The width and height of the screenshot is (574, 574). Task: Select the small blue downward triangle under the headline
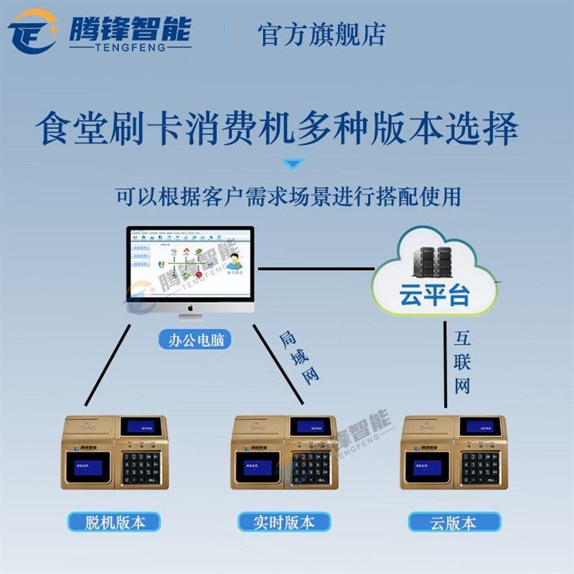pyautogui.click(x=293, y=164)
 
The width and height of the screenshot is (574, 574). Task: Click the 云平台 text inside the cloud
pyautogui.click(x=433, y=295)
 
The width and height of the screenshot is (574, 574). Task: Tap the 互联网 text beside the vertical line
pyautogui.click(x=461, y=363)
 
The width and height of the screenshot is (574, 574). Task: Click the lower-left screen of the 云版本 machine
pyautogui.click(x=426, y=467)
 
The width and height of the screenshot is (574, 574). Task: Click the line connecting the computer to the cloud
pyautogui.click(x=316, y=269)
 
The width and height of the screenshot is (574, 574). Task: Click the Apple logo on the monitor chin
pyautogui.click(x=190, y=306)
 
